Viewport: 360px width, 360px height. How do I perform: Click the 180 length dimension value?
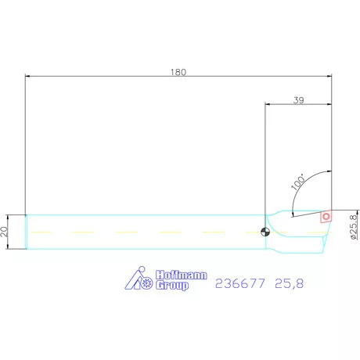pyautogui.click(x=180, y=71)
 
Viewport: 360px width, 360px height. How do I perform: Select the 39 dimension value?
pyautogui.click(x=297, y=99)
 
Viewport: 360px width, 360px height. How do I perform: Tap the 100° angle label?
pyautogui.click(x=298, y=182)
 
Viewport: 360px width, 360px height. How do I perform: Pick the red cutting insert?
pyautogui.click(x=325, y=217)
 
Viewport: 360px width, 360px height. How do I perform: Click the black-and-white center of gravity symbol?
pyautogui.click(x=265, y=231)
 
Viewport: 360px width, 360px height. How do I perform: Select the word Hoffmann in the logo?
pyautogui.click(x=178, y=275)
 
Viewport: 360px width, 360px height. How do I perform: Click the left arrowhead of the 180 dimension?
pyautogui.click(x=29, y=76)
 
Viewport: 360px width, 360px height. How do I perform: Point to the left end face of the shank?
pyautogui.click(x=26, y=232)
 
